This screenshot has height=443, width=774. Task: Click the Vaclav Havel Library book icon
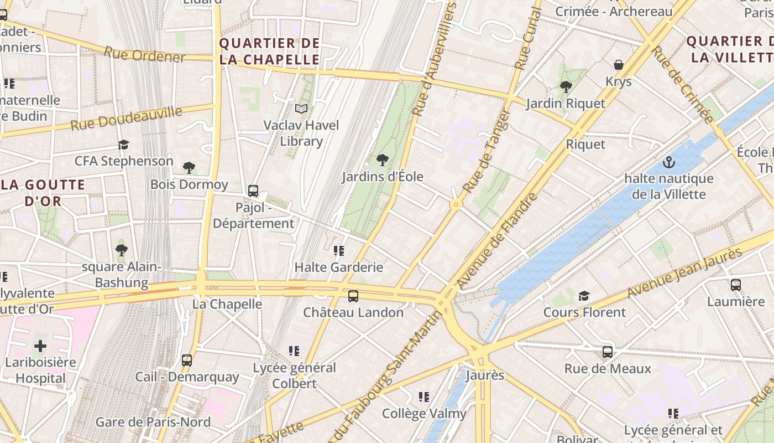tap(301, 109)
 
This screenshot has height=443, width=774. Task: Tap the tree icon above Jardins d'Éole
tap(382, 161)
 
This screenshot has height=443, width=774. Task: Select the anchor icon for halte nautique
tap(669, 163)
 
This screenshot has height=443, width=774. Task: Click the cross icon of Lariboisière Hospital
tap(40, 347)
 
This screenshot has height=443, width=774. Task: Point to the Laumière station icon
tap(736, 285)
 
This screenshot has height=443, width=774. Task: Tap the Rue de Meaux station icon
tap(608, 352)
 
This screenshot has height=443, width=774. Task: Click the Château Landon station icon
tap(353, 296)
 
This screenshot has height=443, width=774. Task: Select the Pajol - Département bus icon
tap(253, 191)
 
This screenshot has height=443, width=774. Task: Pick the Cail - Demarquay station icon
tap(187, 360)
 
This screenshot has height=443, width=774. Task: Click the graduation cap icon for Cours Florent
tap(584, 296)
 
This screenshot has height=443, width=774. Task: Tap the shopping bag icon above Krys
tap(619, 65)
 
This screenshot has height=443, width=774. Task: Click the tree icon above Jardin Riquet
tap(566, 87)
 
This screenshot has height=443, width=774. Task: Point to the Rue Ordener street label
tap(144, 55)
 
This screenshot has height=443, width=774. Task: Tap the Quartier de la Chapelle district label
tap(270, 51)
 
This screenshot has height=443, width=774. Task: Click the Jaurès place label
tap(485, 375)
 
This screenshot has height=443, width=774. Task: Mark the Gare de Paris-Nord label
tap(153, 422)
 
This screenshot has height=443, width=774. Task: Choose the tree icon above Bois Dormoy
tap(189, 168)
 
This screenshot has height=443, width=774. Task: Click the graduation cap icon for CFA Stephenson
tap(124, 145)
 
